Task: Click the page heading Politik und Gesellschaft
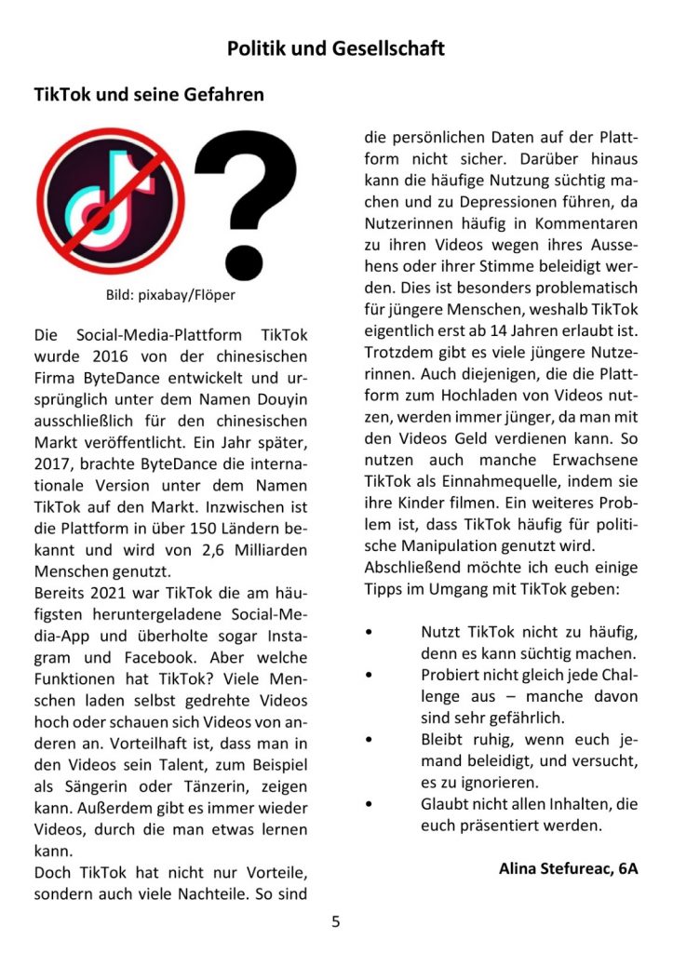tap(336, 48)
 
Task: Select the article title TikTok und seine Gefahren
tap(149, 95)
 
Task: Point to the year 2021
tap(107, 593)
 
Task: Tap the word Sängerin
tap(100, 786)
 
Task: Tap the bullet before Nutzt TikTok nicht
tap(370, 631)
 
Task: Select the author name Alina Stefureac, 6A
tap(568, 869)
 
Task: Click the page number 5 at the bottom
tap(336, 922)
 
